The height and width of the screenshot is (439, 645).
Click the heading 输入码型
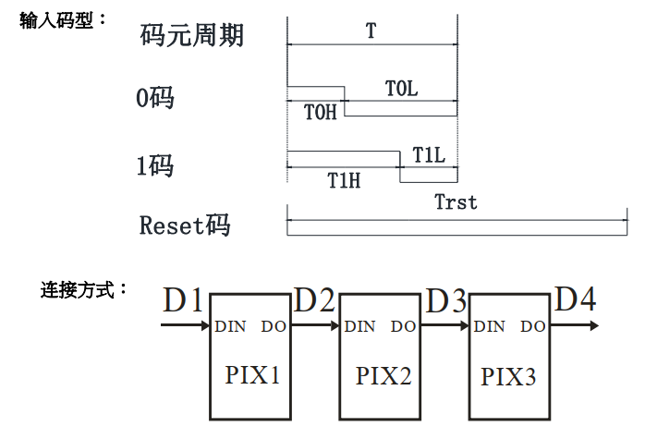[62, 20]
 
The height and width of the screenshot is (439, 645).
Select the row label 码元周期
[191, 35]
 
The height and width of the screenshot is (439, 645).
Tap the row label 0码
[154, 98]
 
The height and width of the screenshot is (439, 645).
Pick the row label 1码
[154, 166]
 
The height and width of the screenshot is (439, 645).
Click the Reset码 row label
[184, 225]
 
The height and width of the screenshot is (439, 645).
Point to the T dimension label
[371, 30]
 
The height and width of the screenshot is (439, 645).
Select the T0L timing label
[401, 89]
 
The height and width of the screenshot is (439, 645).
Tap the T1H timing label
[343, 180]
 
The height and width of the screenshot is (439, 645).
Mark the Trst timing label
[456, 202]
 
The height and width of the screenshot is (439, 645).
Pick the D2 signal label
[314, 299]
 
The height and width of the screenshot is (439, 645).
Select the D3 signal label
[445, 299]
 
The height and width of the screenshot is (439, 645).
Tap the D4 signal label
[575, 299]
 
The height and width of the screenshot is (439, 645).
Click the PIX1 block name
[251, 375]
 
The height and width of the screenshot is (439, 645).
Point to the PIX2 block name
[383, 375]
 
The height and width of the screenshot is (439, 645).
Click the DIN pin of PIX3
[490, 326]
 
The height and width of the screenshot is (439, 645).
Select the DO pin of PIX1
[274, 326]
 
